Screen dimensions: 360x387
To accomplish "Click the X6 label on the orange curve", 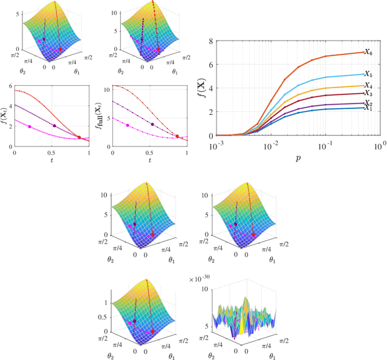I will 368,53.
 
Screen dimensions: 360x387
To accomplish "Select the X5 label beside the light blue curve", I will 368,74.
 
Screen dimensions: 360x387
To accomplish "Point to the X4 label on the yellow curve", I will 368,86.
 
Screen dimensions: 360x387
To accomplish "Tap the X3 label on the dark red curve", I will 368,94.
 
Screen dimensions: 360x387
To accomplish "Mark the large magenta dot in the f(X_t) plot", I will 30,126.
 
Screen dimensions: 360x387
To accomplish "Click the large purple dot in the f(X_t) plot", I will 54,125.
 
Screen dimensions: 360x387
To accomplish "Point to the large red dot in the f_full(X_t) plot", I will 177,136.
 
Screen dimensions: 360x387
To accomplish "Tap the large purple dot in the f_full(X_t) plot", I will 153,125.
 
